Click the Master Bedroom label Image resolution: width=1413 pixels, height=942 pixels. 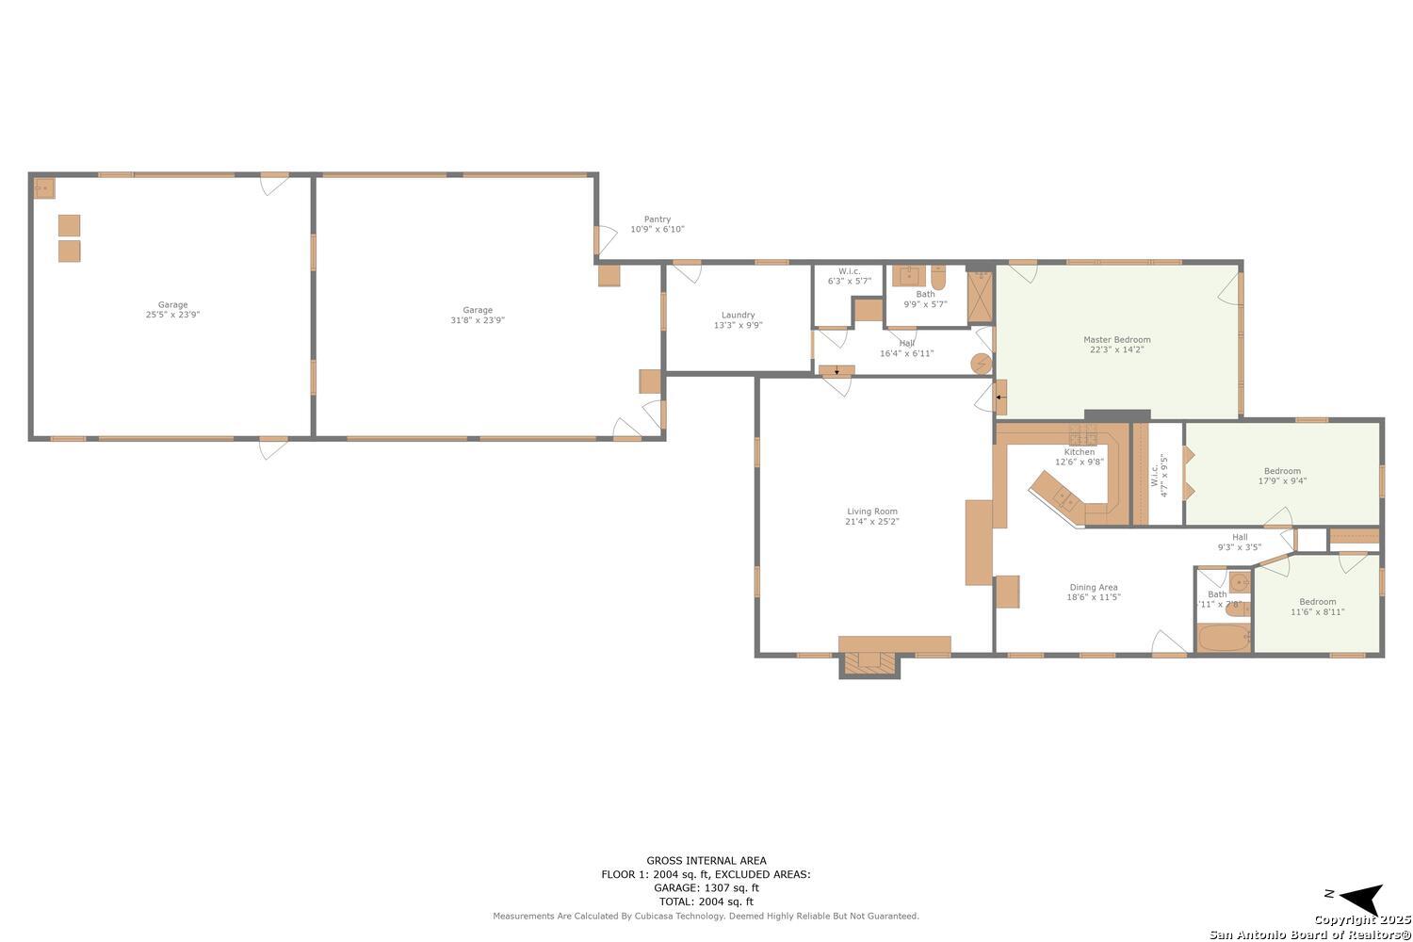click(x=1116, y=339)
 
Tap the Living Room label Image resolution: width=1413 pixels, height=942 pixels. click(x=871, y=512)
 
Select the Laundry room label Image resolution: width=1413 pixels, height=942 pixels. click(x=738, y=315)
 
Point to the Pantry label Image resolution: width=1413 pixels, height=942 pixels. click(x=657, y=219)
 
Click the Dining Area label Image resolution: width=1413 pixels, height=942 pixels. click(x=1093, y=587)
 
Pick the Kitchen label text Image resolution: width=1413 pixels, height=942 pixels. click(x=1080, y=452)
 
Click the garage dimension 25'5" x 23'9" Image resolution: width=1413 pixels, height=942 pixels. click(x=172, y=315)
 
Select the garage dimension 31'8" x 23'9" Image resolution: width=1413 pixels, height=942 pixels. click(x=478, y=320)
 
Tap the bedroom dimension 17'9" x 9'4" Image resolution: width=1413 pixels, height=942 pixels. click(x=1282, y=481)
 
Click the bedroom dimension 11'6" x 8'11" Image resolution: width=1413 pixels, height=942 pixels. click(x=1317, y=612)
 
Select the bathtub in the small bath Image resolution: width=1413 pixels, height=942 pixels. click(x=1223, y=639)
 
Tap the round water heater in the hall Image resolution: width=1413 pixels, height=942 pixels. click(x=981, y=363)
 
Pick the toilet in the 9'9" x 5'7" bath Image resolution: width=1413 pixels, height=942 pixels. click(x=938, y=279)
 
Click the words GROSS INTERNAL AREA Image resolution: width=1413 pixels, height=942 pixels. click(x=706, y=860)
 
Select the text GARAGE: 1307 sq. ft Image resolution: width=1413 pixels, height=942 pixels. click(x=706, y=887)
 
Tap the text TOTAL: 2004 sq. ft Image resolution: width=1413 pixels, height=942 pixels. click(x=706, y=901)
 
